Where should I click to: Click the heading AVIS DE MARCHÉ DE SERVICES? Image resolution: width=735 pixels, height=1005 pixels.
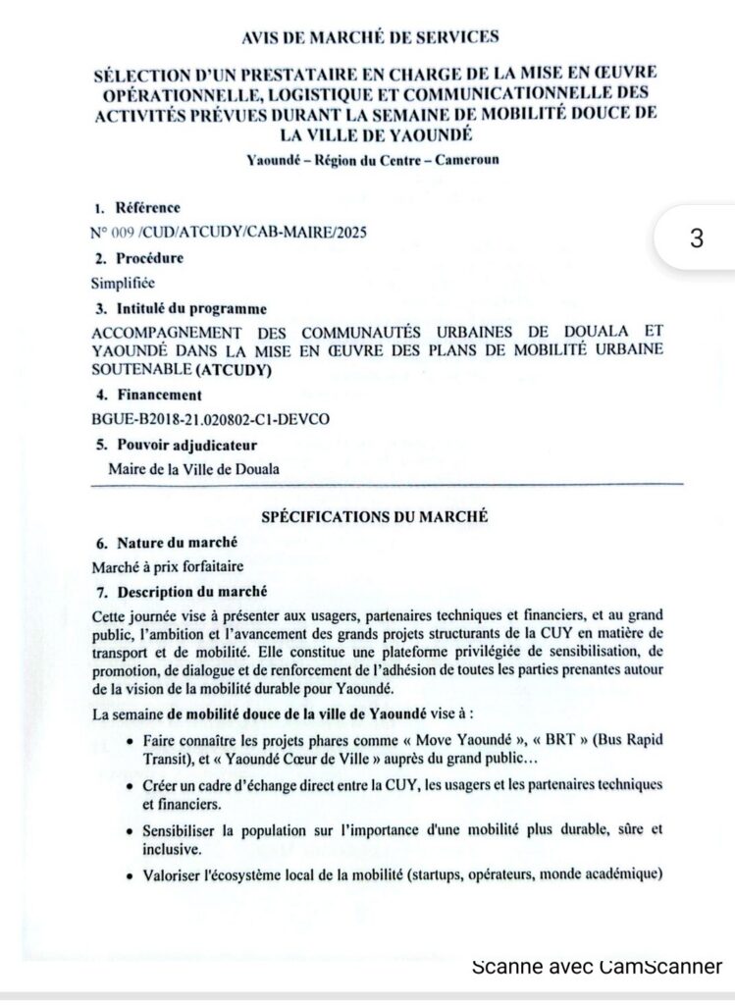(x=370, y=37)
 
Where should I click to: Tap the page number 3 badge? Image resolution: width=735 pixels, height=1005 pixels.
(x=697, y=238)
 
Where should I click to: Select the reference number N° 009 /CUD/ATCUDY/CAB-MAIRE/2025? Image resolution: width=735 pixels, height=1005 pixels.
(x=231, y=232)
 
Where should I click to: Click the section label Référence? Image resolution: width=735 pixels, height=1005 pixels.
(x=148, y=207)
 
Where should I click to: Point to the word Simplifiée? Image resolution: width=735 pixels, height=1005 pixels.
(x=123, y=283)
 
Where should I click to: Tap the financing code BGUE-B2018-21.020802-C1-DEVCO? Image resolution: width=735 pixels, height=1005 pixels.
(x=210, y=419)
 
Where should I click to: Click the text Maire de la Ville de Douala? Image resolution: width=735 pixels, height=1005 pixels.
(x=193, y=468)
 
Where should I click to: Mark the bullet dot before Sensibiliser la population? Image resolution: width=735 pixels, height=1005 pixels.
(x=131, y=830)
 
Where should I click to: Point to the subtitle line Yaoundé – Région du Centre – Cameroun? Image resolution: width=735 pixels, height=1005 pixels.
(x=373, y=159)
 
